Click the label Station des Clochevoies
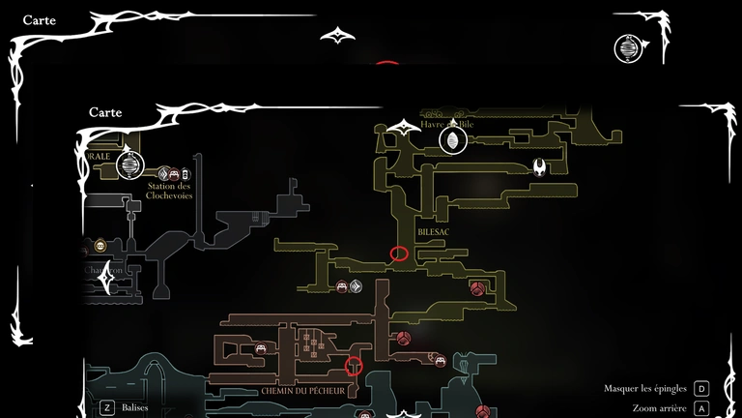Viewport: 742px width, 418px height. click(169, 190)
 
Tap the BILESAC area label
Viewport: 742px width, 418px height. click(435, 233)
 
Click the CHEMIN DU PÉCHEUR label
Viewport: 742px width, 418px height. click(301, 391)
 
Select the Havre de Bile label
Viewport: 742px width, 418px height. click(447, 124)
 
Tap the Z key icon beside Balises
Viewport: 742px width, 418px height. click(106, 408)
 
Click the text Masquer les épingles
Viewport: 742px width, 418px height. click(645, 388)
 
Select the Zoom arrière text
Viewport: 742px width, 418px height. click(658, 408)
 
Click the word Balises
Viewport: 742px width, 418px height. click(135, 408)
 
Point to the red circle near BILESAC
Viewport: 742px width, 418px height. click(398, 254)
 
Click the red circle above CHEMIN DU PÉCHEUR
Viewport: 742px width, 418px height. click(354, 366)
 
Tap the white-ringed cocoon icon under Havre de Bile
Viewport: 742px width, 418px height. click(451, 142)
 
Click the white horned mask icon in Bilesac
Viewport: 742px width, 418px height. click(538, 167)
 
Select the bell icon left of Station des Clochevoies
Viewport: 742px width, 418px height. click(130, 166)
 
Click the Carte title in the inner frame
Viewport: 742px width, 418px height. click(105, 111)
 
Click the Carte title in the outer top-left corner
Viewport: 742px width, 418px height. click(40, 19)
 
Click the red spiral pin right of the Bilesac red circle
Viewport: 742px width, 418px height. click(476, 288)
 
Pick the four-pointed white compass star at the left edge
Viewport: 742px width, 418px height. click(104, 274)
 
